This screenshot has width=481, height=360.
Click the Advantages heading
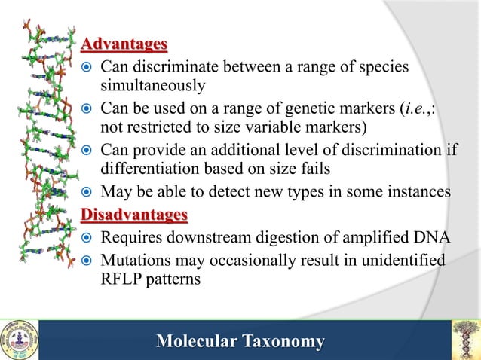(124, 45)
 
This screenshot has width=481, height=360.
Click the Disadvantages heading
(133, 216)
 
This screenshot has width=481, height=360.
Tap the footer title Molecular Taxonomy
(240, 342)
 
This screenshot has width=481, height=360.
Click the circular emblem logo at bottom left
(19, 340)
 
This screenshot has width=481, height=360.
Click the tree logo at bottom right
(464, 340)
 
